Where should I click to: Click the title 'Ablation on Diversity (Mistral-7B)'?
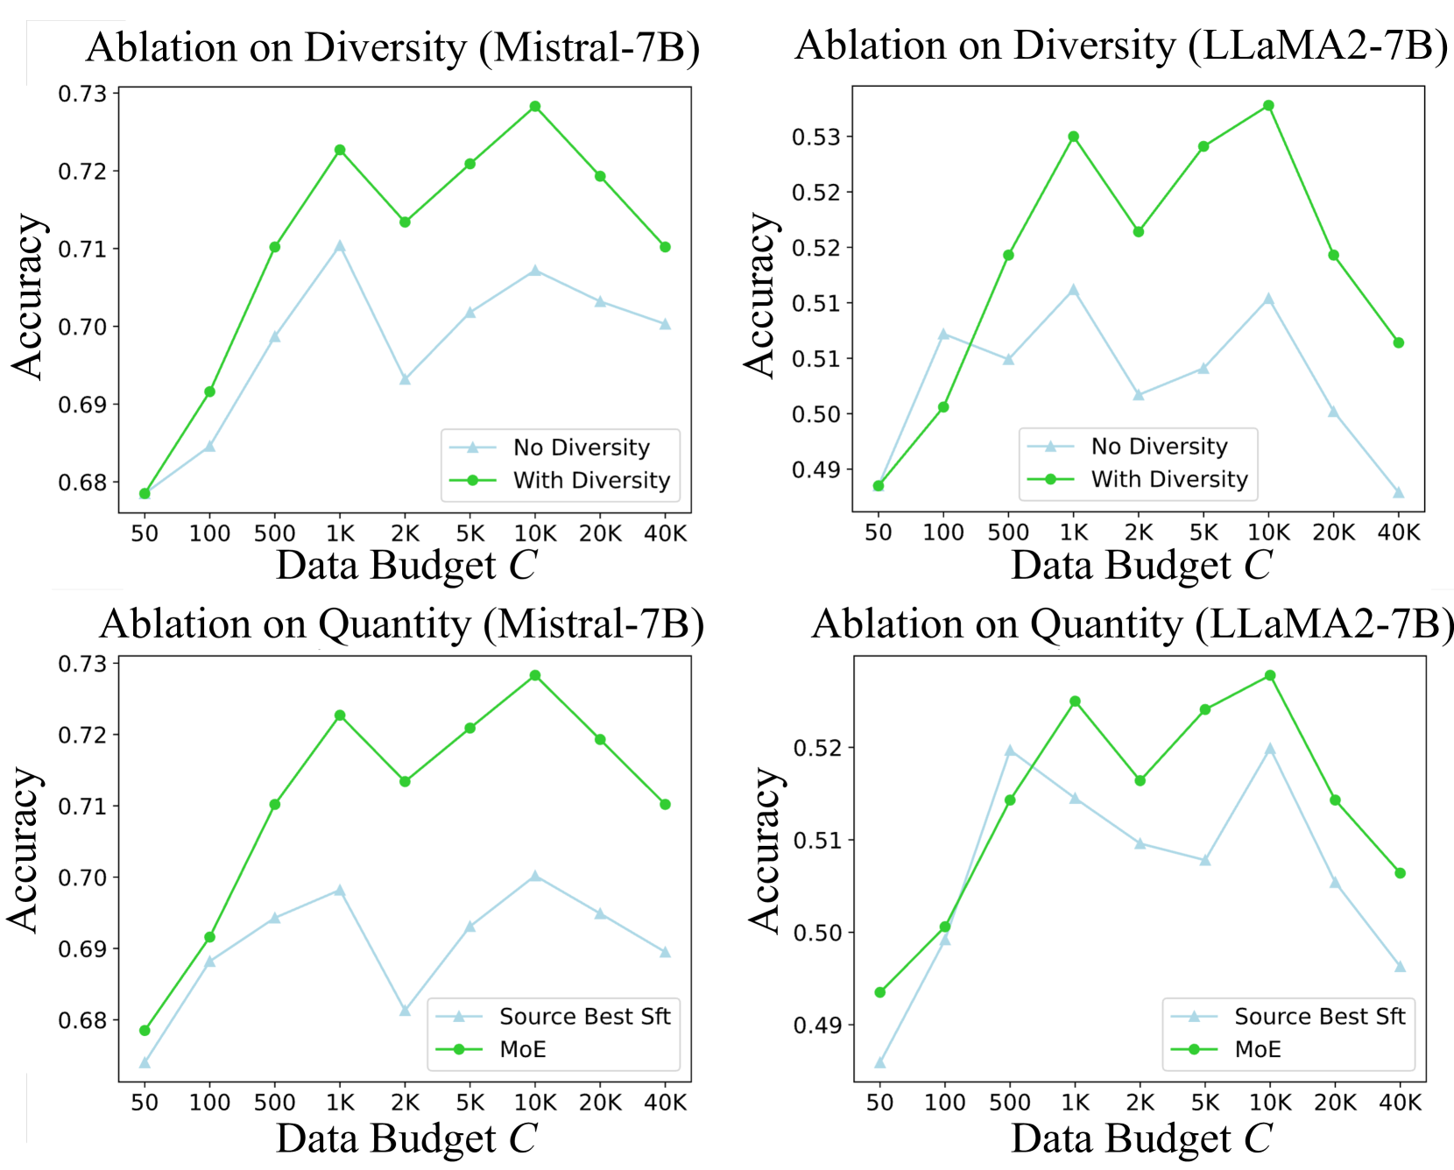pyautogui.click(x=392, y=47)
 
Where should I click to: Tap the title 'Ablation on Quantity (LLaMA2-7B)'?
pyautogui.click(x=1133, y=624)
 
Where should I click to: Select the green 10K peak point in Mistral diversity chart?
pyautogui.click(x=535, y=107)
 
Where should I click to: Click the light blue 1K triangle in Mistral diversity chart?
pyautogui.click(x=340, y=246)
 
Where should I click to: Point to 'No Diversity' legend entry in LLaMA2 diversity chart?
pyautogui.click(x=1159, y=447)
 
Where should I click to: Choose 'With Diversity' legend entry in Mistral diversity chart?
pyautogui.click(x=591, y=480)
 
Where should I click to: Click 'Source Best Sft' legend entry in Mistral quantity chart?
pyautogui.click(x=584, y=1017)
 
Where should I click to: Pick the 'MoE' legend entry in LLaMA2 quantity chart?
pyautogui.click(x=1258, y=1049)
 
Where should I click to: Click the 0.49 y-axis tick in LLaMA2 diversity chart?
pyautogui.click(x=815, y=470)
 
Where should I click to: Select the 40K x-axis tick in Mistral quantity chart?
pyautogui.click(x=666, y=1103)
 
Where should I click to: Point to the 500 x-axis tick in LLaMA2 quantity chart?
pyautogui.click(x=1010, y=1103)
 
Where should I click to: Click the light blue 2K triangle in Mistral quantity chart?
pyautogui.click(x=405, y=1011)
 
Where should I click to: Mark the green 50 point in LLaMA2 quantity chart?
pyautogui.click(x=880, y=992)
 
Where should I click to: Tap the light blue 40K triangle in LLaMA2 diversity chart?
pyautogui.click(x=1399, y=492)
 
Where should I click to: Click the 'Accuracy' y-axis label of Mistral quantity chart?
pyautogui.click(x=25, y=849)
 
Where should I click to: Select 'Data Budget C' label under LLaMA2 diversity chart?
pyautogui.click(x=1140, y=565)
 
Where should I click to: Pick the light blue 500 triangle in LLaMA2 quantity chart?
pyautogui.click(x=1010, y=751)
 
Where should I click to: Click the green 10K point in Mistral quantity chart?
pyautogui.click(x=535, y=675)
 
